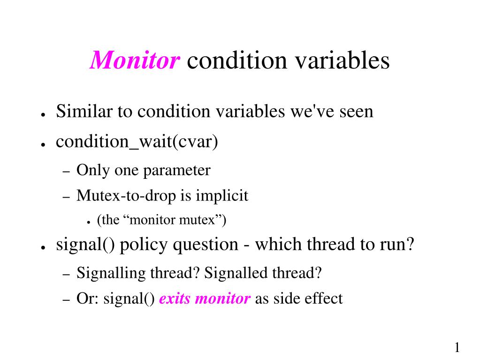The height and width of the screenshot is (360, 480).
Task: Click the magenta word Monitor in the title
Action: point(134,60)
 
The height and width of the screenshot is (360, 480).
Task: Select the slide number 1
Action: point(457,347)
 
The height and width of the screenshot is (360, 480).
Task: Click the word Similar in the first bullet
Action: point(84,111)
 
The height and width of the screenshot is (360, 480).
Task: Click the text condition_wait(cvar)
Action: point(137,142)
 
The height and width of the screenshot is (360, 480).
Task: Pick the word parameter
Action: point(176,171)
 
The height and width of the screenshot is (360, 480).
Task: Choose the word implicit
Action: point(222,196)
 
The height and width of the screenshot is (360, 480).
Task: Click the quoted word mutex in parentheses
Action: point(200,220)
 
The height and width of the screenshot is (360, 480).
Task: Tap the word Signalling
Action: point(111,273)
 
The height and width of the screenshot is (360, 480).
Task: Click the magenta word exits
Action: point(175,299)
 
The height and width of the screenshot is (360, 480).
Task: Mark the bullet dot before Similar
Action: point(43,115)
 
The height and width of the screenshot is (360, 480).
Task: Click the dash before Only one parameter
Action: point(67,172)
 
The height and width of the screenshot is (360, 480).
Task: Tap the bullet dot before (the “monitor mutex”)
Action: point(89,223)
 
